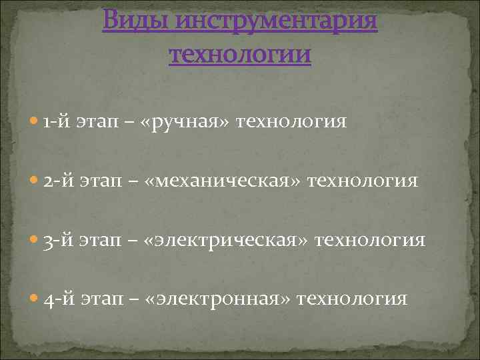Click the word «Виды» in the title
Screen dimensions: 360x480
pyautogui.click(x=138, y=22)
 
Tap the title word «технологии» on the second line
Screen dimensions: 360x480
pyautogui.click(x=240, y=53)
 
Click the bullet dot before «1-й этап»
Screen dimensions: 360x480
pyautogui.click(x=35, y=123)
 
